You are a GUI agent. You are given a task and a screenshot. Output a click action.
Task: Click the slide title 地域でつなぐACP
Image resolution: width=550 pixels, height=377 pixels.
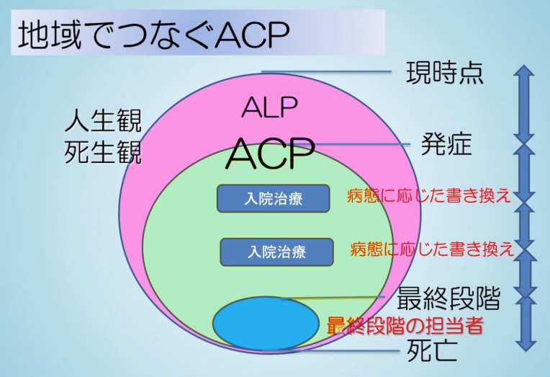click(x=153, y=34)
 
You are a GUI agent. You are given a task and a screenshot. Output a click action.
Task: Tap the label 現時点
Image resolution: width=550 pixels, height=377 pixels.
click(x=445, y=72)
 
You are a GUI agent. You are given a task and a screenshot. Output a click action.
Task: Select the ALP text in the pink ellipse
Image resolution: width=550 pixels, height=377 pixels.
click(x=269, y=107)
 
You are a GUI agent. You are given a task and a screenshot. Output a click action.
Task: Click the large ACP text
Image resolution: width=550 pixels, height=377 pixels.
click(x=270, y=154)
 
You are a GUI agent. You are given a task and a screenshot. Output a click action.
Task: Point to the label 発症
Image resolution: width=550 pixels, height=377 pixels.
click(x=446, y=144)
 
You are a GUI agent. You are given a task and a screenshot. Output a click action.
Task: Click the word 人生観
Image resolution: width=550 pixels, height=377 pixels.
click(x=103, y=120)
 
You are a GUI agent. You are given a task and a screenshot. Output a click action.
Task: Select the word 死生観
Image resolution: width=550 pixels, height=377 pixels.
click(x=103, y=152)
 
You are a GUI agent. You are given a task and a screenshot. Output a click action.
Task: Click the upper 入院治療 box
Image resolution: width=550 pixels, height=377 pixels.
click(x=274, y=198)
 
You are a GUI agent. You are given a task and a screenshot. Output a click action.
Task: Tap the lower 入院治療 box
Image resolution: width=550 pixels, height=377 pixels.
click(x=276, y=252)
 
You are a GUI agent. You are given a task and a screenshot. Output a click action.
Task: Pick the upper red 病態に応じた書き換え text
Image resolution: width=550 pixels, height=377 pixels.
click(x=428, y=195)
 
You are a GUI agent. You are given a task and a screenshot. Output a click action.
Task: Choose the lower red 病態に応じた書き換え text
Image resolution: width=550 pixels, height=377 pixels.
click(x=432, y=249)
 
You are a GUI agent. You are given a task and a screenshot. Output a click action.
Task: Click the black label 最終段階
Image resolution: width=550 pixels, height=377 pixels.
click(x=448, y=298)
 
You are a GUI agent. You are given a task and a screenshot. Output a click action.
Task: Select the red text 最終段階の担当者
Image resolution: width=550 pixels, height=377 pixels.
click(x=405, y=325)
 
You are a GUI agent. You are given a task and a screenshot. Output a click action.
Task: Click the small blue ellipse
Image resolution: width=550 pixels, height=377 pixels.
click(x=266, y=323)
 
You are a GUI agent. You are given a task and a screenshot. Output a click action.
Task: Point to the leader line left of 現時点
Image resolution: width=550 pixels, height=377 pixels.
click(x=326, y=72)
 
